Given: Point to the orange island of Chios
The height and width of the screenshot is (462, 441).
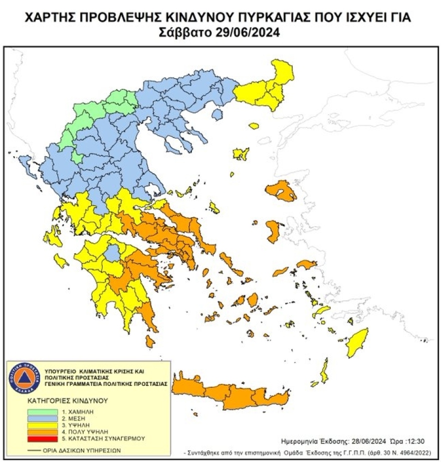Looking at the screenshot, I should click(273, 231).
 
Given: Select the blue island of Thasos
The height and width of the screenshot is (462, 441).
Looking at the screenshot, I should click(217, 115).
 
